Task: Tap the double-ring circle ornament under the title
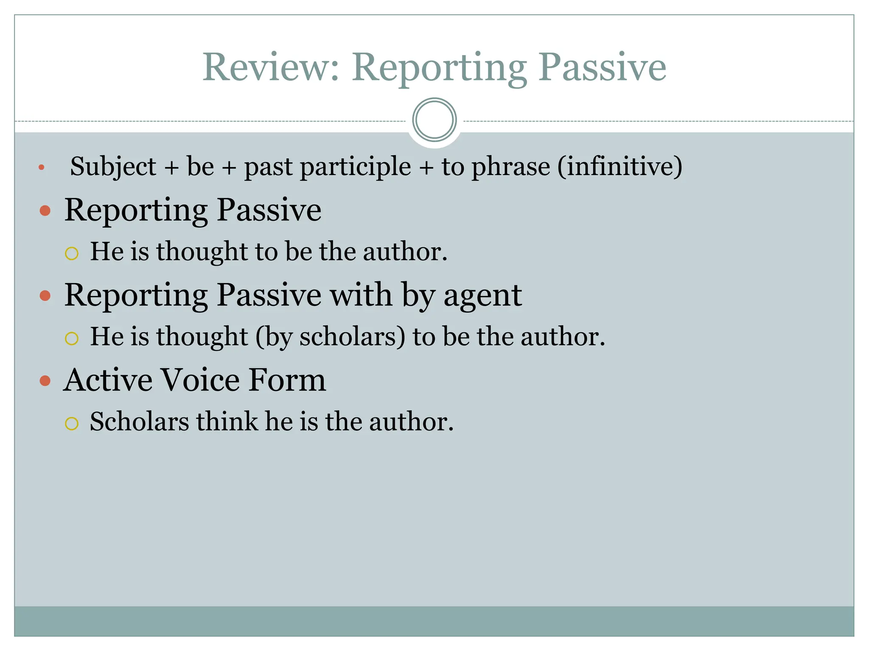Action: click(434, 120)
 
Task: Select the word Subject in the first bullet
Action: click(113, 166)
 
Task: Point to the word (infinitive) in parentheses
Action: click(620, 166)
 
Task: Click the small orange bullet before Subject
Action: click(41, 167)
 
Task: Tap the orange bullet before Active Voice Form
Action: click(45, 381)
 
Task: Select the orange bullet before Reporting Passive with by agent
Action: click(45, 295)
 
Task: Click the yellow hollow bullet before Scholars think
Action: click(72, 423)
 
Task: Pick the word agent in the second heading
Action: click(482, 295)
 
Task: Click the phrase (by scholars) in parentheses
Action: click(331, 337)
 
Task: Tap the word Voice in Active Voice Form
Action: click(200, 380)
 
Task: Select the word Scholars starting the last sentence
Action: click(139, 422)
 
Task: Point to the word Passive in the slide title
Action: click(603, 67)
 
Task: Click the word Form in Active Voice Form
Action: click(287, 380)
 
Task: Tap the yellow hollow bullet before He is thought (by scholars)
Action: click(72, 338)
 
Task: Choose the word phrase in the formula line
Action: click(511, 166)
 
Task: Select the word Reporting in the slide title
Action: click(439, 67)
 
